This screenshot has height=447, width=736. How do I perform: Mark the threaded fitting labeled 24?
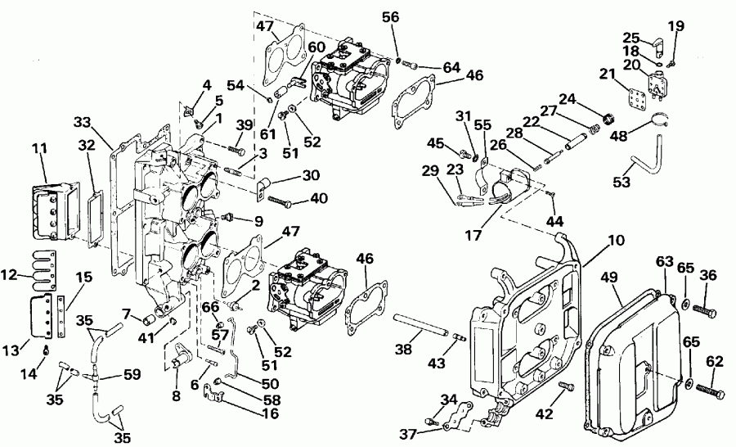coord(607,121)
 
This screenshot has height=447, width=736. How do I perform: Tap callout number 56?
coord(392,16)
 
